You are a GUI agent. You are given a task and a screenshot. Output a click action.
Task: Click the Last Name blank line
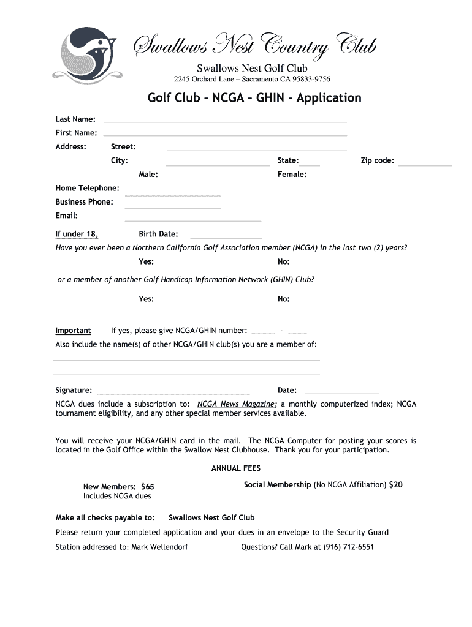click(x=225, y=121)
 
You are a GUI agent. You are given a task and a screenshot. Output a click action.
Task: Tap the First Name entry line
click(x=225, y=135)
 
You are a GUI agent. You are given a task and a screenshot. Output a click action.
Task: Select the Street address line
click(x=256, y=149)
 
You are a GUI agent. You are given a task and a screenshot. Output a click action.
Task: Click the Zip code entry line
click(x=424, y=165)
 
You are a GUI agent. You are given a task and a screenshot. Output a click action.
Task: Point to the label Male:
click(x=148, y=175)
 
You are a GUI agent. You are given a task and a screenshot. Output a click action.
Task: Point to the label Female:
click(x=292, y=175)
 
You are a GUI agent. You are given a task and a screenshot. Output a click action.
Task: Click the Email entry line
click(x=192, y=220)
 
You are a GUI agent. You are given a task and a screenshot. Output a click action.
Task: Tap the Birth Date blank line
click(x=226, y=238)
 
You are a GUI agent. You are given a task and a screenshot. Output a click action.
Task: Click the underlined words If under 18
click(x=77, y=234)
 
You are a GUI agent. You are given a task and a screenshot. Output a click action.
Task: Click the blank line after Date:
click(x=341, y=393)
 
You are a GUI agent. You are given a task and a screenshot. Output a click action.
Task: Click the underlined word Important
click(x=73, y=331)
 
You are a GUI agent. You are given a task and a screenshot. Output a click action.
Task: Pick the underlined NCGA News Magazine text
click(x=236, y=404)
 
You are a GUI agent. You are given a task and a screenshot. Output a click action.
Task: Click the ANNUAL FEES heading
click(x=236, y=468)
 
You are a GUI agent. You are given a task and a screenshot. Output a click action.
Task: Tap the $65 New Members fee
click(x=147, y=487)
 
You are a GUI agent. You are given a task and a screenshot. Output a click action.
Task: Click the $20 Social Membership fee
click(x=396, y=484)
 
